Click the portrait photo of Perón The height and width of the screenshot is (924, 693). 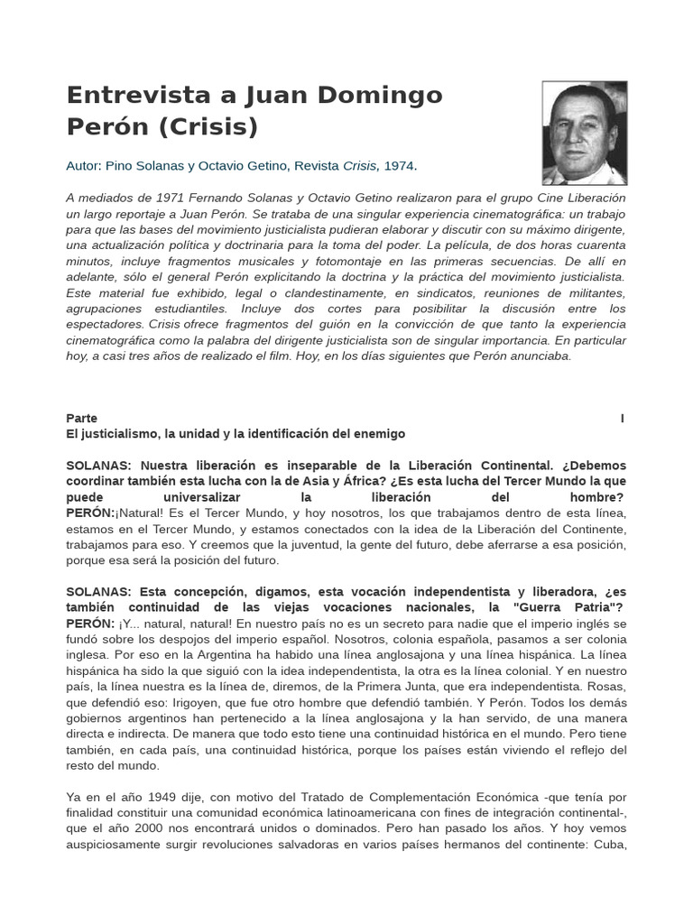point(584,133)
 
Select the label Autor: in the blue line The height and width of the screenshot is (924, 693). point(84,166)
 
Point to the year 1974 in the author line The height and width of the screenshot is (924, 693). point(399,166)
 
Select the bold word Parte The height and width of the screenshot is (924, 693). point(82,418)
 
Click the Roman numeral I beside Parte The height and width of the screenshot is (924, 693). point(623,418)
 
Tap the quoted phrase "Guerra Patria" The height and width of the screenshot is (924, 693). point(562,607)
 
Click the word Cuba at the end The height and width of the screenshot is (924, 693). point(606,845)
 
